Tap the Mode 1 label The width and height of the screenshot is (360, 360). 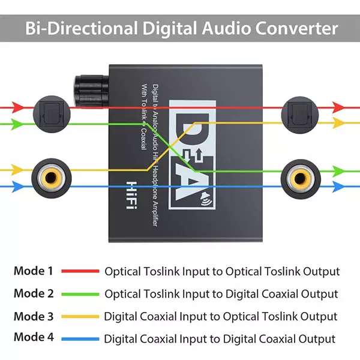34,271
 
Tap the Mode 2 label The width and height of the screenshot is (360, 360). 34,293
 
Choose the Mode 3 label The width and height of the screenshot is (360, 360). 34,316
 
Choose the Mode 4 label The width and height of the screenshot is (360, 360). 34,338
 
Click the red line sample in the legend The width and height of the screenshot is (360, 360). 80,271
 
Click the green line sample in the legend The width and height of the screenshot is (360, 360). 80,294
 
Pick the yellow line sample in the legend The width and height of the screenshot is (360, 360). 80,316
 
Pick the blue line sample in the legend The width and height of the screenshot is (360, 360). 80,338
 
